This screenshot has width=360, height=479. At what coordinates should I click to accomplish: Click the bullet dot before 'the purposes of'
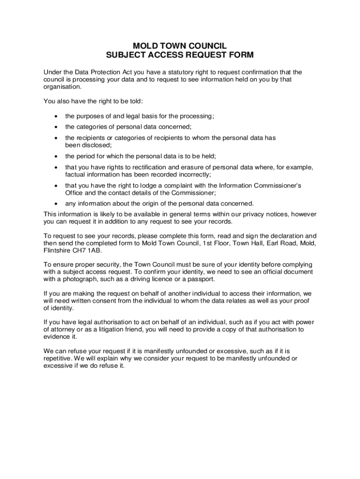(x=56, y=116)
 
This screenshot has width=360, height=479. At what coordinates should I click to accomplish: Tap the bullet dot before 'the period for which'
(x=56, y=156)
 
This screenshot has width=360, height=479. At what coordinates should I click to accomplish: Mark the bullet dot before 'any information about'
(x=56, y=203)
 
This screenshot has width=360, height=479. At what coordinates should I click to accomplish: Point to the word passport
(x=202, y=279)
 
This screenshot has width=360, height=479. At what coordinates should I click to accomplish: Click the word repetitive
(x=58, y=358)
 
